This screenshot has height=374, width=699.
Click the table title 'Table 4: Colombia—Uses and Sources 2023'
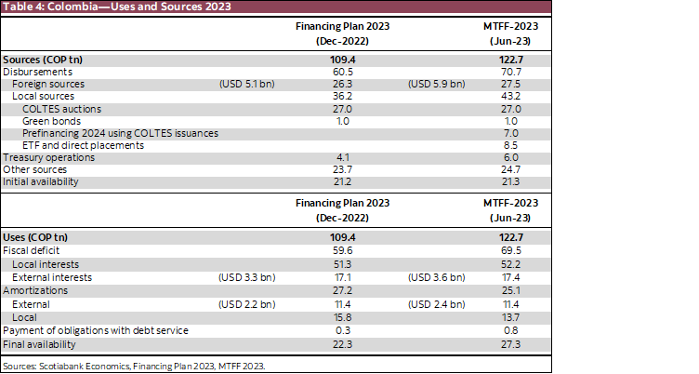[116, 7]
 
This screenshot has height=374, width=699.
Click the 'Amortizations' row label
[33, 290]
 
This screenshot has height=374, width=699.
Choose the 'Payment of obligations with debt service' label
[96, 330]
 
